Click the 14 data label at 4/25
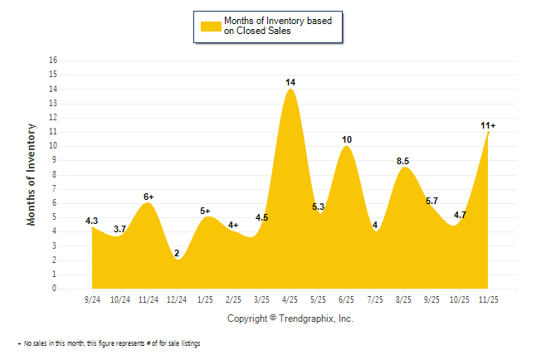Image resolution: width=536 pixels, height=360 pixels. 290,82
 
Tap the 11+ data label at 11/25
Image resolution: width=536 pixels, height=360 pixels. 488,125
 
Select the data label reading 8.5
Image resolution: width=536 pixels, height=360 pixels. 404,161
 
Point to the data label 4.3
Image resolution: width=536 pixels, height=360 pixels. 92,221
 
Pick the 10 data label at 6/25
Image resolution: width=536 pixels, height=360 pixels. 347,139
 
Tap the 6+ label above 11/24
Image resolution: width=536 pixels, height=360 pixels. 149,197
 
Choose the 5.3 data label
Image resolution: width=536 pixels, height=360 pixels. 319,207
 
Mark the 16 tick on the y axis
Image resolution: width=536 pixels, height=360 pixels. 53,61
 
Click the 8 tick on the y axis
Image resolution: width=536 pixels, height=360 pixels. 55,175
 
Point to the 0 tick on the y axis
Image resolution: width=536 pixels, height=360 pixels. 55,289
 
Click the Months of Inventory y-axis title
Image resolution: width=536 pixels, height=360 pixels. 32,175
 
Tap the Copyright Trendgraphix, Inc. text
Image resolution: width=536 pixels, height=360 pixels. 290,319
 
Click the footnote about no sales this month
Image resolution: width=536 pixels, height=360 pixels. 109,343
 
